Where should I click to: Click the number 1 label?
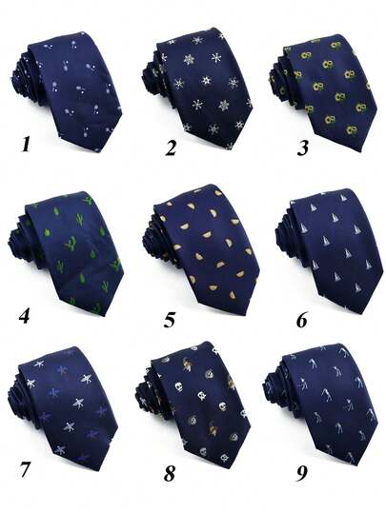tap(29, 146)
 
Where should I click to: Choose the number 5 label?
tap(170, 318)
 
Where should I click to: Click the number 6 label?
tap(301, 319)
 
